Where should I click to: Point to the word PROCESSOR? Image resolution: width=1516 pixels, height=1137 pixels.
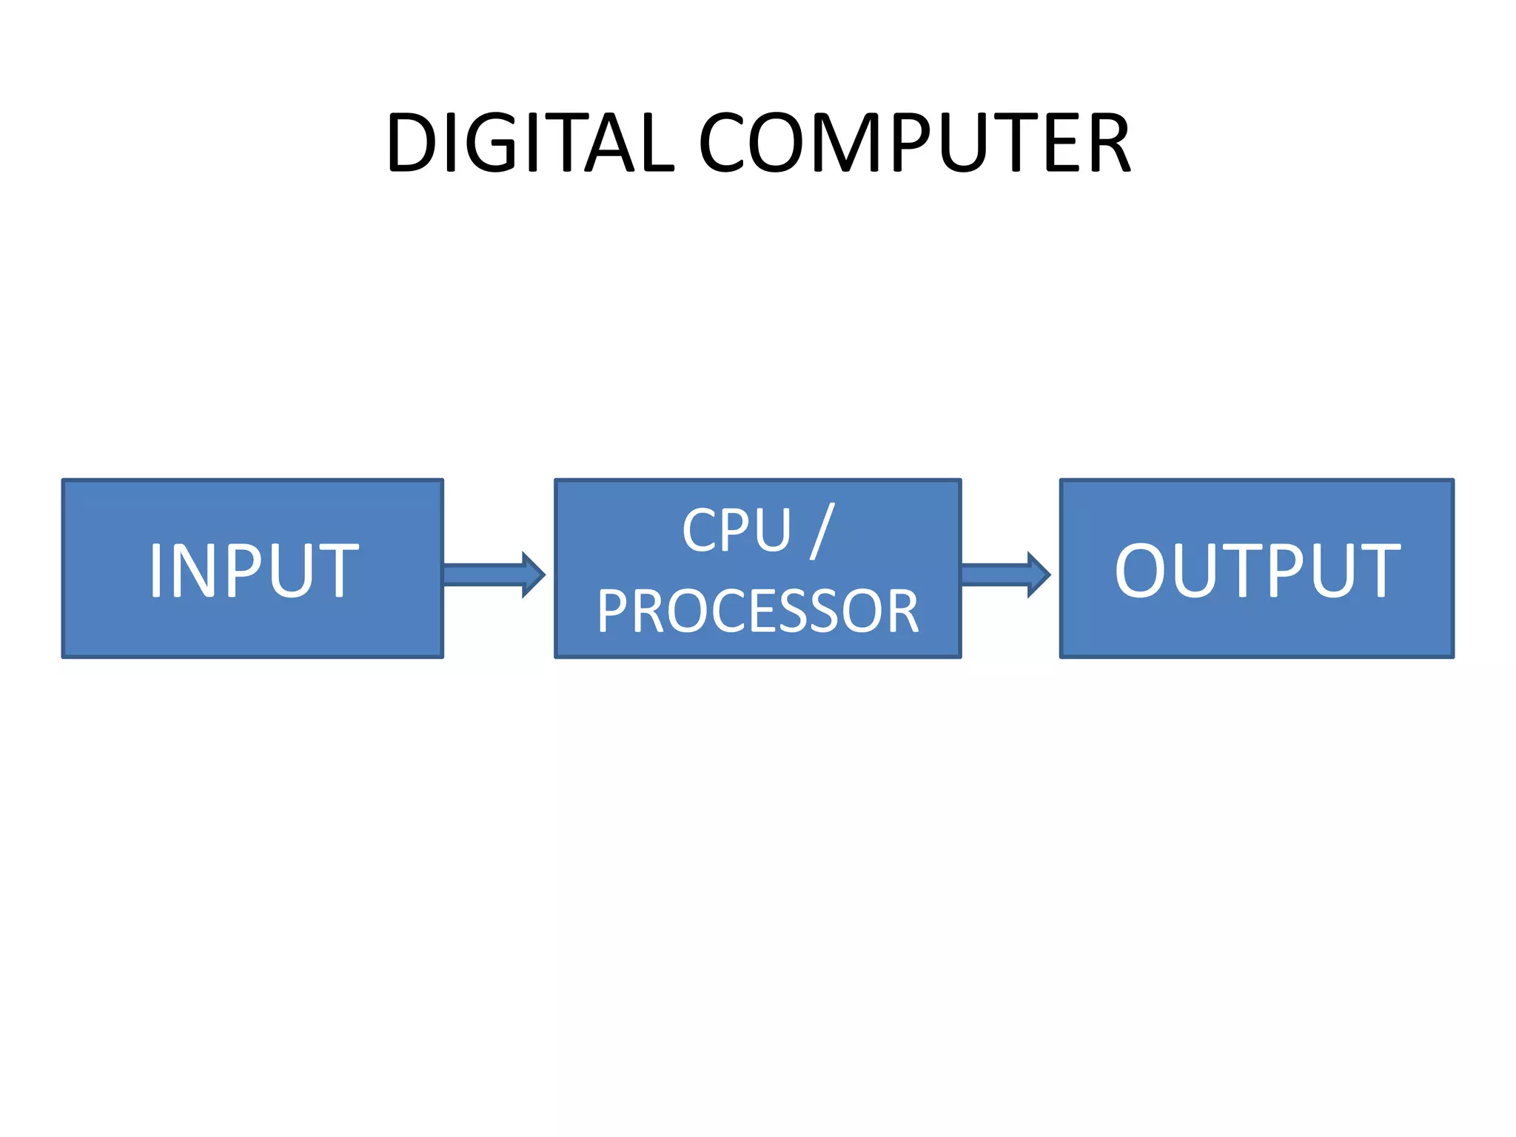757,612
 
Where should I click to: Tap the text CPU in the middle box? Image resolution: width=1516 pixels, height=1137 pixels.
737,531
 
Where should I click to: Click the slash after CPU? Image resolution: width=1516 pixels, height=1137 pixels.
822,531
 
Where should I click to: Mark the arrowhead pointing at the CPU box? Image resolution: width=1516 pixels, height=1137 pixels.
533,574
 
